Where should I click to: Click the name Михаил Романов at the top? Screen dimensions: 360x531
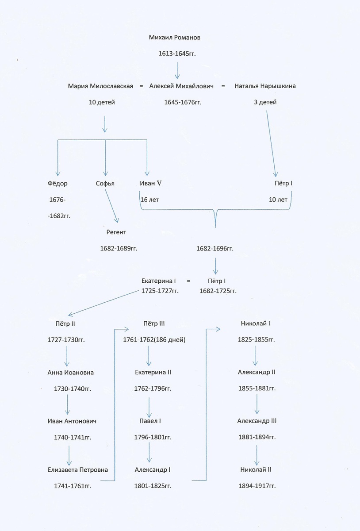175,38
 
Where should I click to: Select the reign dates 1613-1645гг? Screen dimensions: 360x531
177,54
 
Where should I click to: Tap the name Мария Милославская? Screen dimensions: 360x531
100,86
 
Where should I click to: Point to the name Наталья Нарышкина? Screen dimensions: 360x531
265,86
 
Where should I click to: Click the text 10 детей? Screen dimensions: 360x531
102,102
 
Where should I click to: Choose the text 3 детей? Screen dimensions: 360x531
265,102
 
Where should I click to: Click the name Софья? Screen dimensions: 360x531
105,184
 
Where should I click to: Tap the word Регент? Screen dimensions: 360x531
116,232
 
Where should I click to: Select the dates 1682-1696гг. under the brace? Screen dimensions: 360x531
215,248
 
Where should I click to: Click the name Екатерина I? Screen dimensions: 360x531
159,281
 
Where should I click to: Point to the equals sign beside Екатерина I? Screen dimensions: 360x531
188,281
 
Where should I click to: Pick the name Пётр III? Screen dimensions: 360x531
154,323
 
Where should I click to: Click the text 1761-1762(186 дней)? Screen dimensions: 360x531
154,340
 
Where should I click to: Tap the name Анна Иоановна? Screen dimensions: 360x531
71,373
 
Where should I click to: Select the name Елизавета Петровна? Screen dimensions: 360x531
78,470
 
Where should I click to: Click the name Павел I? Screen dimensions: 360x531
150,421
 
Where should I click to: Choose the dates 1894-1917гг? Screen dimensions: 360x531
257,486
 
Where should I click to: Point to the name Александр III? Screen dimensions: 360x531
257,421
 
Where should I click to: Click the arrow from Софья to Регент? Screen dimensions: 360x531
111,206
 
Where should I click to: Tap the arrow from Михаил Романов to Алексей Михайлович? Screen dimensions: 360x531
177,70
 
